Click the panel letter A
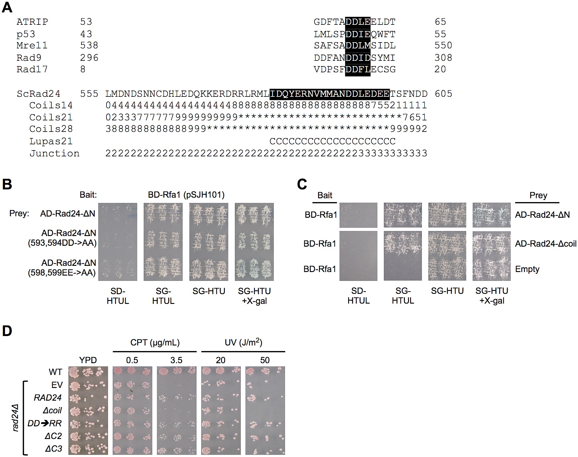[x=7, y=7]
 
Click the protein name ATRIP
[x=32, y=22]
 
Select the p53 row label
[x=26, y=34]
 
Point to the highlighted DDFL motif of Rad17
[x=358, y=70]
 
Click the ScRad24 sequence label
[x=38, y=94]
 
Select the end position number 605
[x=443, y=94]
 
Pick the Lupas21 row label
[x=51, y=141]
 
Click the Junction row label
[x=54, y=153]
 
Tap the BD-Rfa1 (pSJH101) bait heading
[x=186, y=195]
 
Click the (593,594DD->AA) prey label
[x=62, y=243]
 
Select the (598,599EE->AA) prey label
[x=62, y=273]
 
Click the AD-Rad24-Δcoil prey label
[x=546, y=244]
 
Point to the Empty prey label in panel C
[x=527, y=269]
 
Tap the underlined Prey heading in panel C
[x=538, y=195]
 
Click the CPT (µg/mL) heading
[x=155, y=343]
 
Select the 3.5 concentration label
[x=176, y=360]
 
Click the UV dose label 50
[x=265, y=360]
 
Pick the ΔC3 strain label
[x=54, y=449]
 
